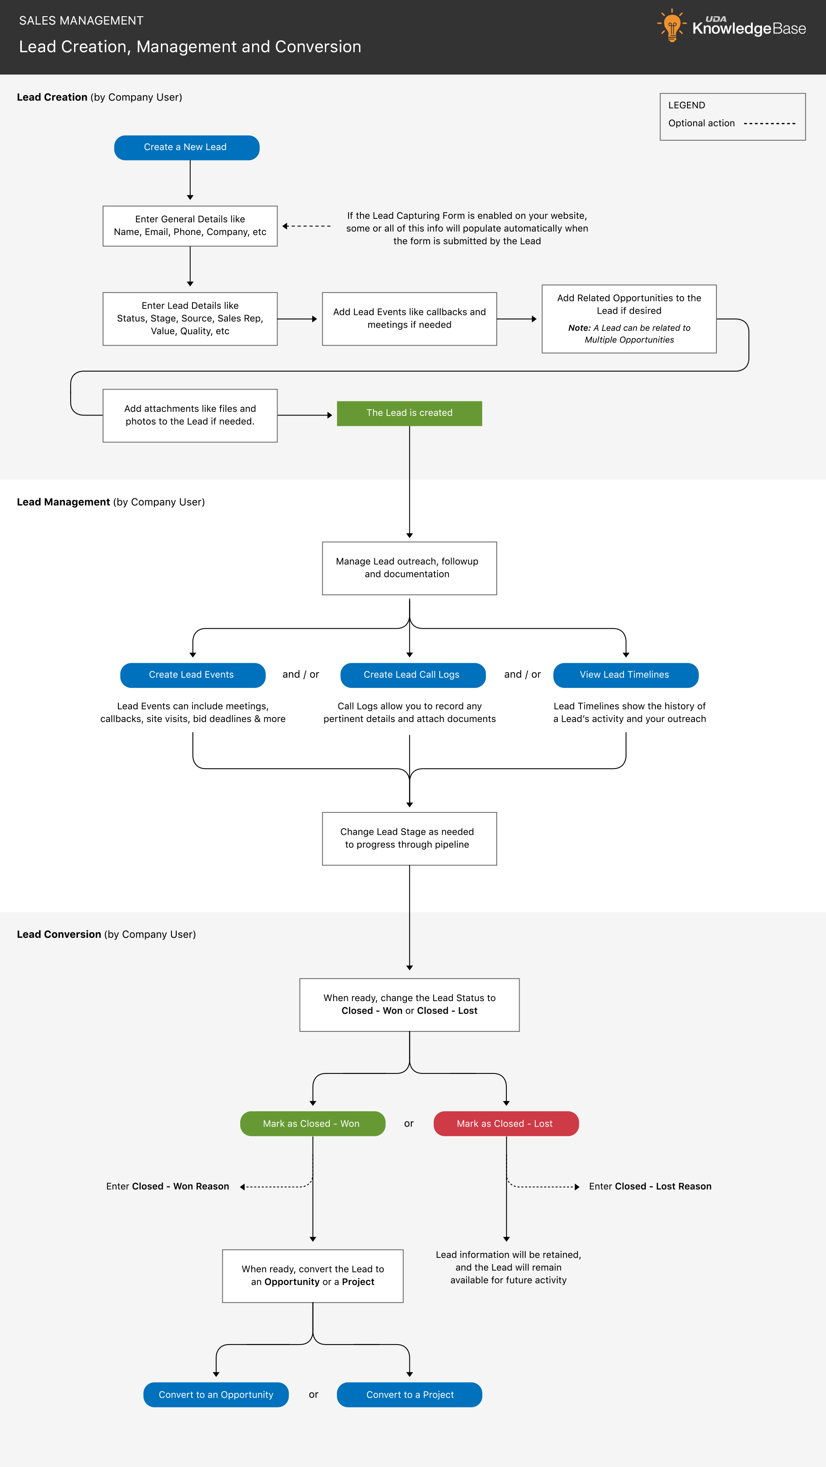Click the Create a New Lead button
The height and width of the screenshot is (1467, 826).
[x=186, y=147]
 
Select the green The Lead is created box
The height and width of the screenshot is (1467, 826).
[x=409, y=413]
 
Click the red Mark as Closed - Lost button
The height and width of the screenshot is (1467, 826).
[x=506, y=1124]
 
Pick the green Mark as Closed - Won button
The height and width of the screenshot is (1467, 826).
[x=313, y=1124]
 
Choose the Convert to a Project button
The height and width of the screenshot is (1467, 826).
[x=409, y=1395]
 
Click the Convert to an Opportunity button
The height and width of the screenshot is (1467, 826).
[x=216, y=1395]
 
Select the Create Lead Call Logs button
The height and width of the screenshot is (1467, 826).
[x=412, y=675]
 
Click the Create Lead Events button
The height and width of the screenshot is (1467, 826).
[x=192, y=675]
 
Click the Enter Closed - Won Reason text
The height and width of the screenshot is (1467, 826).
[x=167, y=1186]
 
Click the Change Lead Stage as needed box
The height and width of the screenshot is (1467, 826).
[x=409, y=838]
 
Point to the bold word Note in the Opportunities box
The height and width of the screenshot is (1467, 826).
[x=578, y=328]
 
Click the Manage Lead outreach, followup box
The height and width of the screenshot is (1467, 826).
[x=409, y=568]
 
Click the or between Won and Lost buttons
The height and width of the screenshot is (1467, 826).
[x=409, y=1124]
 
